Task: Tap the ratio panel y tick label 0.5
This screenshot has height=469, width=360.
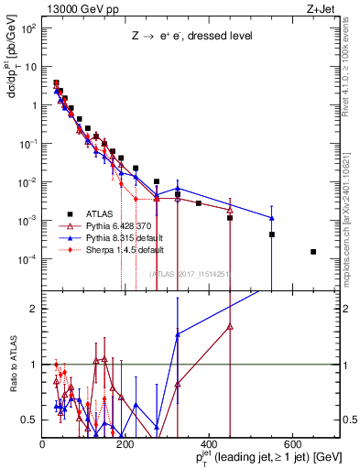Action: coord(30,420)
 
